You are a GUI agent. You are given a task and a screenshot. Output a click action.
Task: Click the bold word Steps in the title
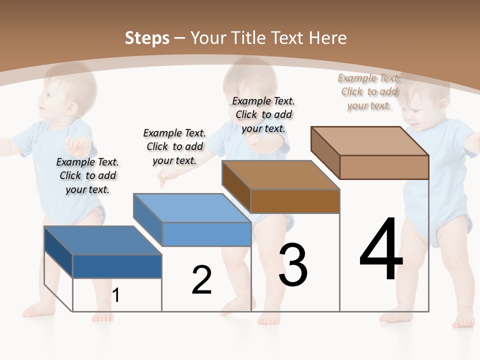coord(147,38)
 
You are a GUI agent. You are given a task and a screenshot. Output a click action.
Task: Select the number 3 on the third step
coord(293,265)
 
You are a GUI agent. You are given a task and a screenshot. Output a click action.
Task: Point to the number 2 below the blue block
coord(201,280)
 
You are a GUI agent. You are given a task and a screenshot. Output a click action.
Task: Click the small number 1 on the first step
coord(115,295)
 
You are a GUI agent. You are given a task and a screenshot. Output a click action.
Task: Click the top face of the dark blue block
coord(103,240)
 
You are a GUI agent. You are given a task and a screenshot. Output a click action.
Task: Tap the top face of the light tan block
coord(370,141)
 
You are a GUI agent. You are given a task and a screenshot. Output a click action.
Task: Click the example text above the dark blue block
coord(87,175)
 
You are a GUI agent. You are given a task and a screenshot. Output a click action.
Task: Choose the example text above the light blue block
coord(174,146)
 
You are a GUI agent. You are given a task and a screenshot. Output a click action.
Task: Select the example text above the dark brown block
coord(263,114)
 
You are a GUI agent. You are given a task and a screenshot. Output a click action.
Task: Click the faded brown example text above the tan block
coord(369,91)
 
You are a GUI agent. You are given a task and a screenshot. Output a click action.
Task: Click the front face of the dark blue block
coord(117,266)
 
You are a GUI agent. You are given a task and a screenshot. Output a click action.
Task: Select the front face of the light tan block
coord(384,167)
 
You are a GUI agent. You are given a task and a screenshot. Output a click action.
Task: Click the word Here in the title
coord(328,38)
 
